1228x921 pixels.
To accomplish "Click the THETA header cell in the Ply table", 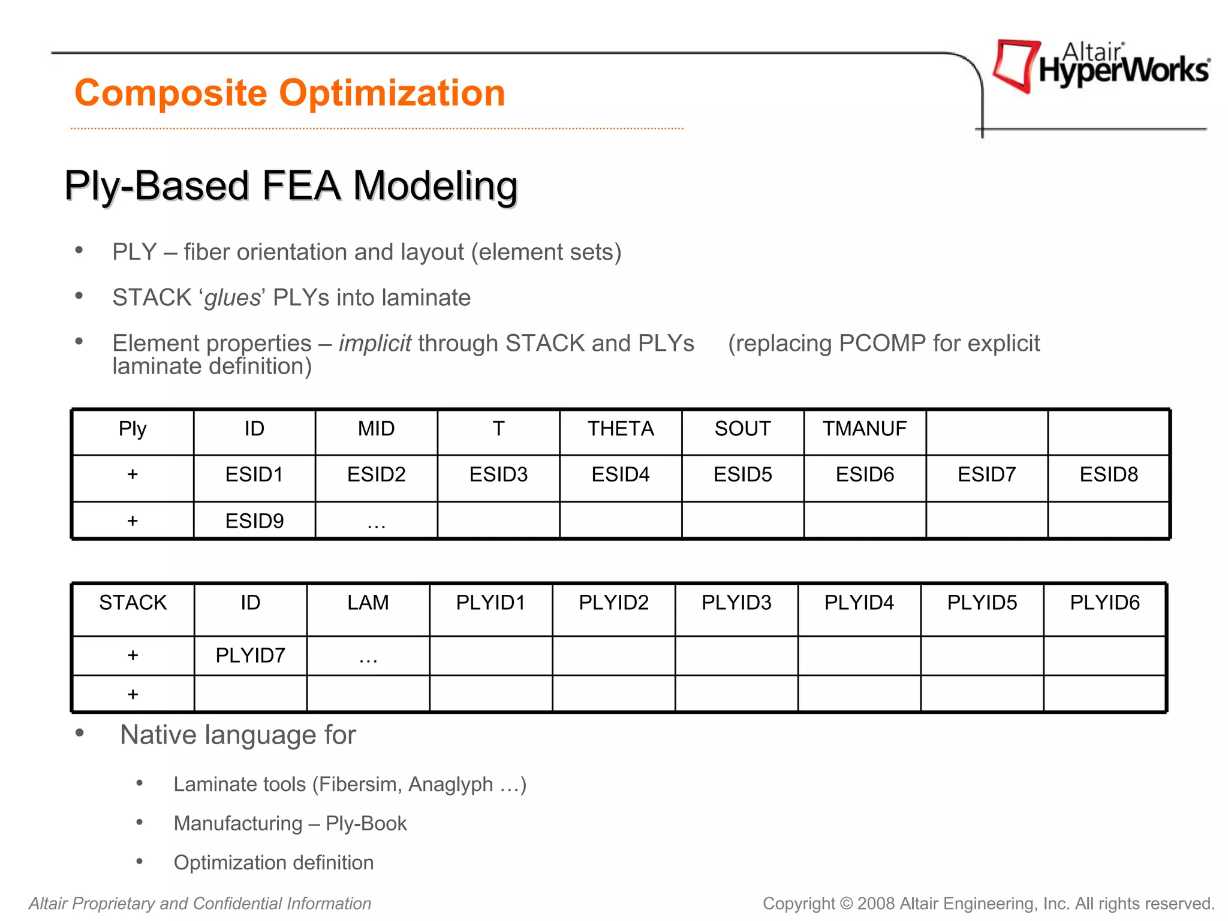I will click(x=621, y=429).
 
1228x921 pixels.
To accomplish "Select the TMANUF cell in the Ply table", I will click(x=864, y=429).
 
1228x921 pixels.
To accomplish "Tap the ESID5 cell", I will click(x=742, y=474).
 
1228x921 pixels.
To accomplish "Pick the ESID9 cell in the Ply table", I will click(x=254, y=520).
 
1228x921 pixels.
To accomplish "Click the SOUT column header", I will click(x=742, y=429).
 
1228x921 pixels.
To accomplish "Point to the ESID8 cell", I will click(x=1109, y=474).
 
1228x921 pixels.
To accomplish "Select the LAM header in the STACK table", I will click(x=368, y=603).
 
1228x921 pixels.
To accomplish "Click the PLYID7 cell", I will click(x=251, y=655).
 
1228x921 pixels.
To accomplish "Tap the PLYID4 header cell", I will click(x=859, y=603).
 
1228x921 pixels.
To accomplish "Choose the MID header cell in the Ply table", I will click(x=376, y=429).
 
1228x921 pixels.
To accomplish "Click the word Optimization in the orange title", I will click(x=392, y=94).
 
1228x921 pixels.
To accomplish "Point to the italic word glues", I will click(x=232, y=298).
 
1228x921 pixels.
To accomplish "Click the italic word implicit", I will click(x=375, y=344).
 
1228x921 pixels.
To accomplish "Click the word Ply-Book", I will click(x=366, y=823).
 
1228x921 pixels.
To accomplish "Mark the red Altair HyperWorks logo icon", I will click(x=1015, y=65).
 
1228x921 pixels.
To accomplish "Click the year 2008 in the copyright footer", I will click(x=876, y=904).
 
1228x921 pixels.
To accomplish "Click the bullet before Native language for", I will click(x=79, y=733).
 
